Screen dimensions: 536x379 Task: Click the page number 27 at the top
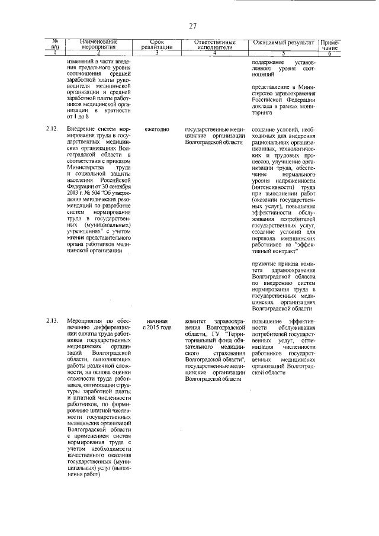192,25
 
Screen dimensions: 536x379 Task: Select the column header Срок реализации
157,44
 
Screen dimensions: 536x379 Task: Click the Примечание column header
329,45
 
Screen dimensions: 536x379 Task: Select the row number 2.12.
52,129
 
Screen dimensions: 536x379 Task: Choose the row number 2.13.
52,321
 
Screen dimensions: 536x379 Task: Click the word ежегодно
157,129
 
